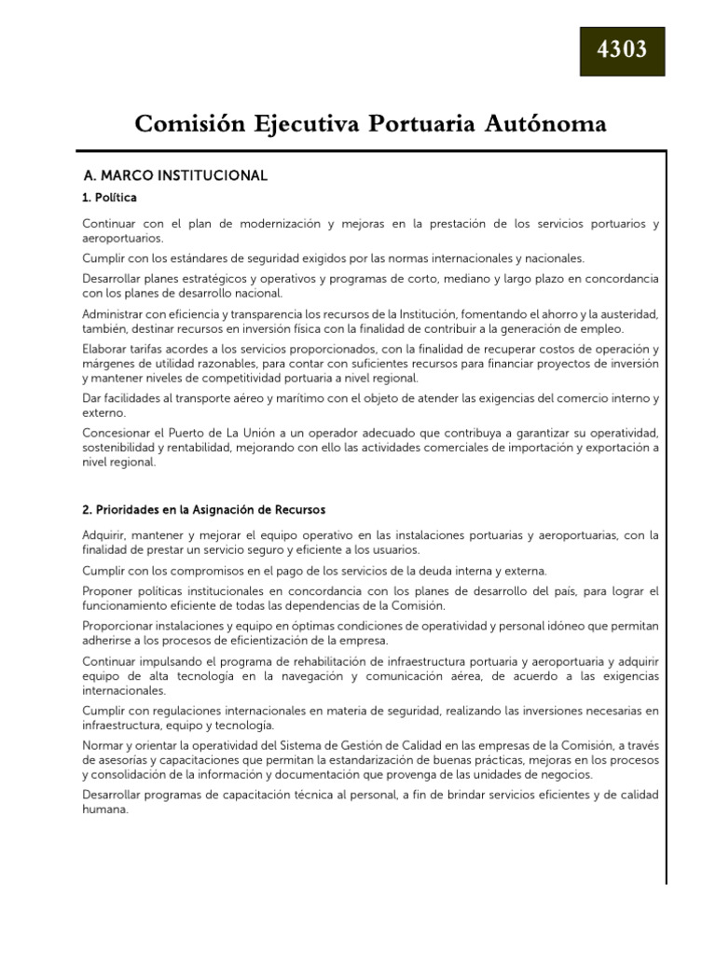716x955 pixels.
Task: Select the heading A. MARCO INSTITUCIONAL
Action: pyautogui.click(x=175, y=175)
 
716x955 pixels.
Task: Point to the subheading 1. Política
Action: pyautogui.click(x=110, y=198)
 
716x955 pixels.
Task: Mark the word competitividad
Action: pyautogui.click(x=270, y=378)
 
